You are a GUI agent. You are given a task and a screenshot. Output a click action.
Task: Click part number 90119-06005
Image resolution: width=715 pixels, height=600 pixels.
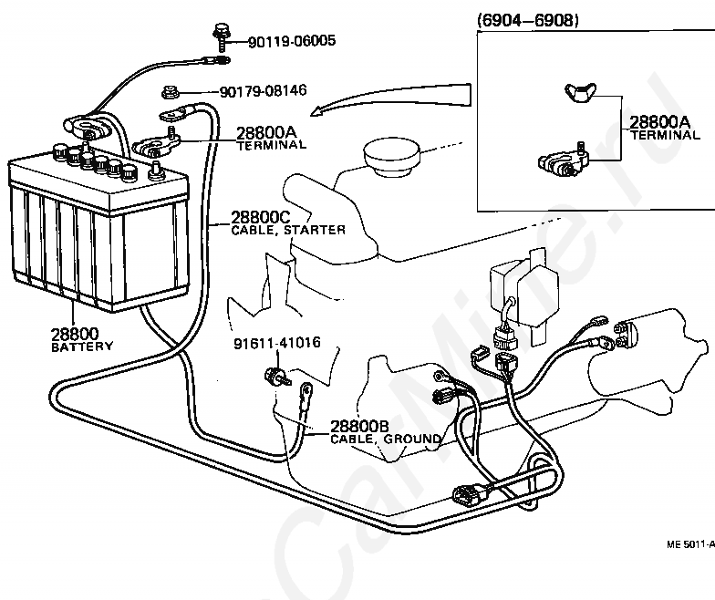[292, 41]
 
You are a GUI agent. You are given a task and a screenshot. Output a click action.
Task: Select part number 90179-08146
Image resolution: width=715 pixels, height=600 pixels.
[263, 91]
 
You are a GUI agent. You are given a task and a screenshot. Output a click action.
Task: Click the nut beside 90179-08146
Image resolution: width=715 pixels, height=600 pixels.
[170, 92]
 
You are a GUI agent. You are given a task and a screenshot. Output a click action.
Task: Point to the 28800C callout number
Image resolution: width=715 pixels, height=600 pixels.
[261, 217]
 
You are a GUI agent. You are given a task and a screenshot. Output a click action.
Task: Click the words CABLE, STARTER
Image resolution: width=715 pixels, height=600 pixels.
[288, 230]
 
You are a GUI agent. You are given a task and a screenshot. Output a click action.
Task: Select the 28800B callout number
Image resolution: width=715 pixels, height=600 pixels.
[359, 427]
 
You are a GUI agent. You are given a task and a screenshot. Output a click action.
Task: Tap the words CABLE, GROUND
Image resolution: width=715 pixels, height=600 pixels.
[386, 440]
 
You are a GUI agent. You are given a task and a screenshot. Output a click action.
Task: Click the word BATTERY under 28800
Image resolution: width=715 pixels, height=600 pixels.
[82, 347]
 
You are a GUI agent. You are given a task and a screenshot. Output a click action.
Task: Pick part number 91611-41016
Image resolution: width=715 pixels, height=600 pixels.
[277, 343]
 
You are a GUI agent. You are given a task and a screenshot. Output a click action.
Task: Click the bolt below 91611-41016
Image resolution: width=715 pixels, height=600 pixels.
[277, 377]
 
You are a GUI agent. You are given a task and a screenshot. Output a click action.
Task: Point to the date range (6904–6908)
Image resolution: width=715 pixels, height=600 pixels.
[527, 20]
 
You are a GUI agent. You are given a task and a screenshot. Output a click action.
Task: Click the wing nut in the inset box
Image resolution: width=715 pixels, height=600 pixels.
[580, 92]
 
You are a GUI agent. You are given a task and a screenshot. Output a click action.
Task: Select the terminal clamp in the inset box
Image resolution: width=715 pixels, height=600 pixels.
[564, 160]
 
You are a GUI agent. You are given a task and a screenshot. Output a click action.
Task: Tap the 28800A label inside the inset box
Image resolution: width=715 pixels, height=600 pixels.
[659, 122]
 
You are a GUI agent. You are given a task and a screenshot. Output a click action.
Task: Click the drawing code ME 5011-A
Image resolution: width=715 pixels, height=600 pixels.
[690, 543]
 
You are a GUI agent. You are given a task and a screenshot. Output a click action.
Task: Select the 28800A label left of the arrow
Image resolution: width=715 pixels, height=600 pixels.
[266, 132]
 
